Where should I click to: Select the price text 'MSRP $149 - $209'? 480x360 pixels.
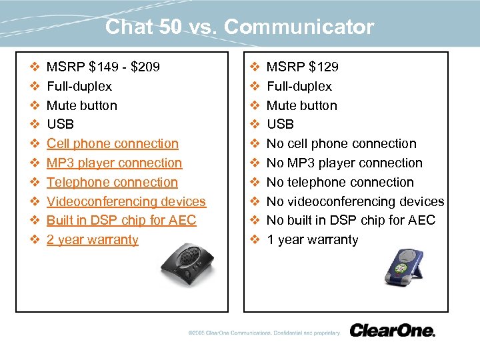coord(103,67)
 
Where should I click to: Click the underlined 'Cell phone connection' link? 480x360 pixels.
coord(112,144)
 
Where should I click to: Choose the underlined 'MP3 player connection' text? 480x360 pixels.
coord(114,163)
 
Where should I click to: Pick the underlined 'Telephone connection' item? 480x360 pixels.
coord(112,183)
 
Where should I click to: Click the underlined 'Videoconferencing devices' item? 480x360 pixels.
coord(126,201)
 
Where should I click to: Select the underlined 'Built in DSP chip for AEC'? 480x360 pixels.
coord(121,221)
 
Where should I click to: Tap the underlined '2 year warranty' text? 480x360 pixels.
coord(92,240)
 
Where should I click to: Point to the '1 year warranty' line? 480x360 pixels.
coord(312,240)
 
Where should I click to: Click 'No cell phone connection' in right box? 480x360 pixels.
coord(341,144)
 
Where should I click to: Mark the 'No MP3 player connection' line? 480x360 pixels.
coord(344,163)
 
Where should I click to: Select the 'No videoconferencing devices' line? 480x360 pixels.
coord(355,201)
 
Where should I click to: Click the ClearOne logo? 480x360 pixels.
coord(392,331)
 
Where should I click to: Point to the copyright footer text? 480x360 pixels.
coord(263,333)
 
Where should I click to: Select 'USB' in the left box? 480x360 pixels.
coord(60,125)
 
